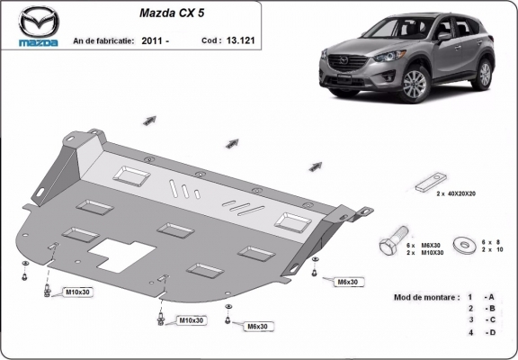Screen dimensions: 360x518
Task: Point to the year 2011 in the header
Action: (x=150, y=40)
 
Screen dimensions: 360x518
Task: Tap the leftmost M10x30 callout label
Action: (x=78, y=292)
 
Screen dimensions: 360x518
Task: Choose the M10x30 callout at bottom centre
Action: (x=191, y=319)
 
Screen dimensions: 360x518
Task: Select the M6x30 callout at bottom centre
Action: (x=258, y=326)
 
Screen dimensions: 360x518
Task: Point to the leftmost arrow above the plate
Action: (x=149, y=120)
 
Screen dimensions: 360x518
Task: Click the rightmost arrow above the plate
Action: (x=317, y=165)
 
